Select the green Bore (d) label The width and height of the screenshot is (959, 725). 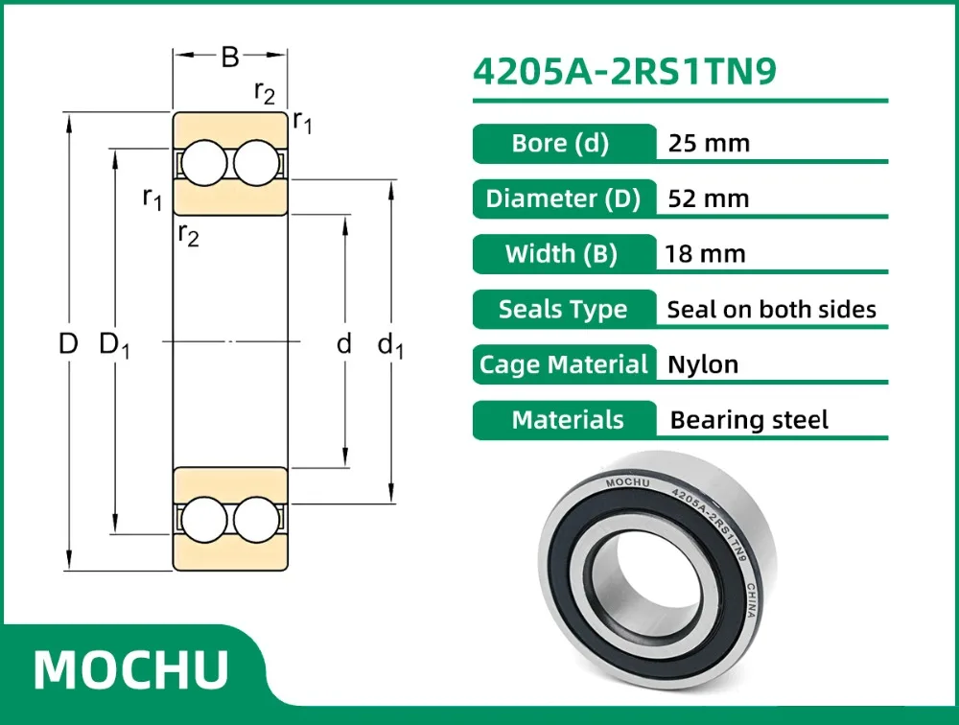pyautogui.click(x=561, y=144)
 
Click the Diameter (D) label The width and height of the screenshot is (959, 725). pyautogui.click(x=563, y=199)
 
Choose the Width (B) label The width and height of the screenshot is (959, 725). pyautogui.click(x=561, y=254)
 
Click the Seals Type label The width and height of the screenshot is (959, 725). pyautogui.click(x=563, y=309)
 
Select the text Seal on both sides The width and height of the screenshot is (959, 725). pyautogui.click(x=771, y=309)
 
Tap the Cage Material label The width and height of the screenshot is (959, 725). pyautogui.click(x=564, y=364)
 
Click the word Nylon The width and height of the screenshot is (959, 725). pyautogui.click(x=703, y=364)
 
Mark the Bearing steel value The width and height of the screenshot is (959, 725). pyautogui.click(x=749, y=420)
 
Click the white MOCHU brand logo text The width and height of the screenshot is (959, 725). pyautogui.click(x=131, y=668)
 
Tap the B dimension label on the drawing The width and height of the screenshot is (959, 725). pyautogui.click(x=230, y=58)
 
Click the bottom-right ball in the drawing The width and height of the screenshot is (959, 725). pyautogui.click(x=257, y=520)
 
